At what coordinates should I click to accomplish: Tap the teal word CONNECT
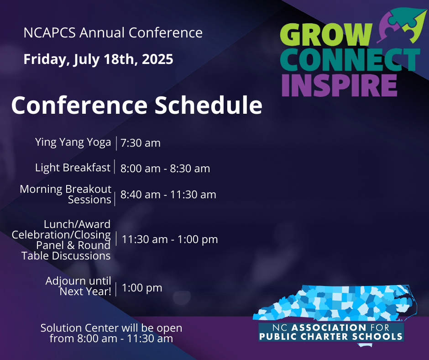(x=350, y=59)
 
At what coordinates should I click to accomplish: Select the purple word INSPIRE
(x=339, y=85)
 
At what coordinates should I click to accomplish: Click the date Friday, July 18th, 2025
(x=98, y=59)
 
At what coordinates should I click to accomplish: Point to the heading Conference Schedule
(x=137, y=105)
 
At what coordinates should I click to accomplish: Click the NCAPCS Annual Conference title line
(x=113, y=32)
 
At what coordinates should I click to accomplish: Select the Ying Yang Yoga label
(x=73, y=143)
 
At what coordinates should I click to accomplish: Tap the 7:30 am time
(x=141, y=143)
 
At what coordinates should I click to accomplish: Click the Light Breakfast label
(x=73, y=168)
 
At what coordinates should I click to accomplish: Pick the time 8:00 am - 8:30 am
(x=165, y=169)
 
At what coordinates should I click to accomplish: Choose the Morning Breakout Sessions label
(x=66, y=195)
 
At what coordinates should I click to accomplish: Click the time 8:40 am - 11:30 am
(x=168, y=195)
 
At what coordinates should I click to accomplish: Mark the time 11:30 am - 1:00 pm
(x=170, y=239)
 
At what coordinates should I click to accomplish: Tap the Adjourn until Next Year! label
(x=78, y=286)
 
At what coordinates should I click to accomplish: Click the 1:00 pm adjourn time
(x=142, y=288)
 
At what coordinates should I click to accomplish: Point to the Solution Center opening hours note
(x=111, y=333)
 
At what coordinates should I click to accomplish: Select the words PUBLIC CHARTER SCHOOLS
(x=331, y=336)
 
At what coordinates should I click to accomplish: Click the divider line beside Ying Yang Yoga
(x=116, y=143)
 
